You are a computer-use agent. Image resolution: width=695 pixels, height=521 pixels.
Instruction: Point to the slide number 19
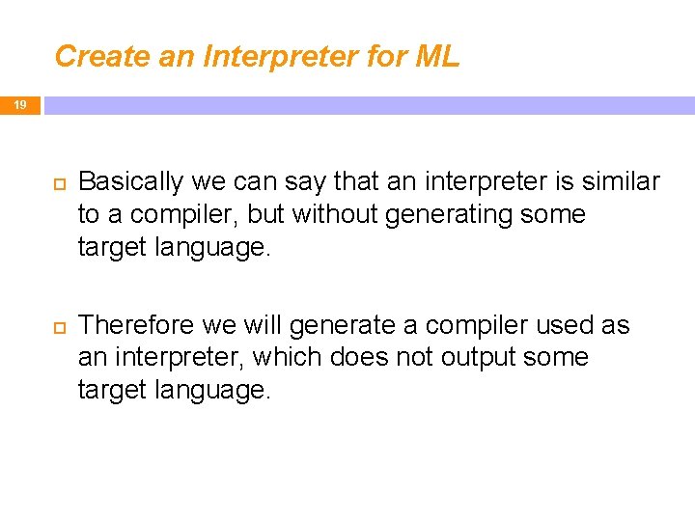click(x=20, y=105)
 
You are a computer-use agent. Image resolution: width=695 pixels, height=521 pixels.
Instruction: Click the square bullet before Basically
click(x=57, y=182)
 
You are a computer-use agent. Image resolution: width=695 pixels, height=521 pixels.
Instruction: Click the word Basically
click(x=130, y=181)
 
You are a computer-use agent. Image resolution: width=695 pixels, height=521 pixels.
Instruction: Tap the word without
click(x=336, y=213)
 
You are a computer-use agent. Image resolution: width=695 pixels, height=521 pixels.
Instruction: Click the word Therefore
click(x=134, y=325)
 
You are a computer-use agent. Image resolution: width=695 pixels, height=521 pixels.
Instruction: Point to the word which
click(x=288, y=357)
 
